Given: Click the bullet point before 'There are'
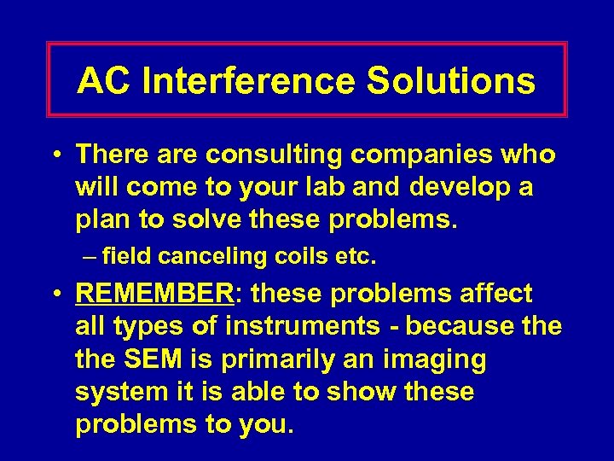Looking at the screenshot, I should (55, 156).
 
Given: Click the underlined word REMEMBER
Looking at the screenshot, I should (154, 294).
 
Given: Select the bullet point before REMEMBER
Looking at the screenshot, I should (55, 295).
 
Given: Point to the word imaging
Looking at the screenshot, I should (436, 359).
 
